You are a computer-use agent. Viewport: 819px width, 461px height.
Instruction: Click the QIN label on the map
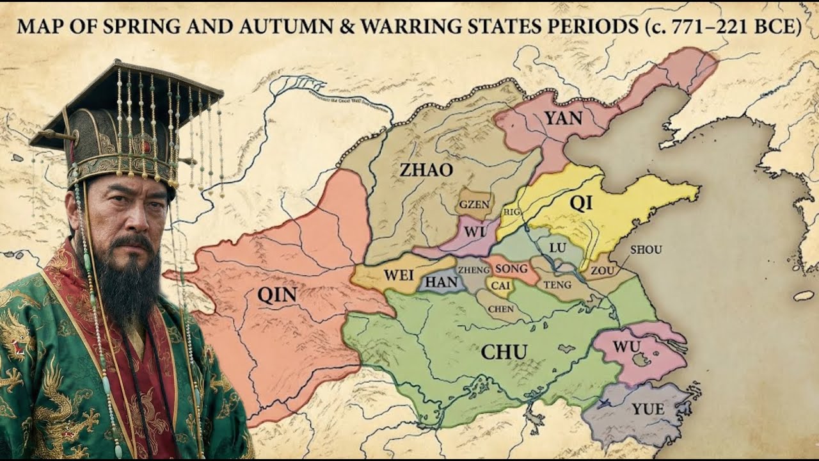(x=277, y=295)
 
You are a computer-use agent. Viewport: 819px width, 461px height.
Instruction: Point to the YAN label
(x=563, y=118)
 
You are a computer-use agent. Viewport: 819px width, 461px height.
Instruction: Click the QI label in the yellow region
(x=580, y=203)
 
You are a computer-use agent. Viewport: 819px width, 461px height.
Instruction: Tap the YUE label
(x=648, y=408)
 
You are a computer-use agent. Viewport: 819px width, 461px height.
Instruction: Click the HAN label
(x=441, y=282)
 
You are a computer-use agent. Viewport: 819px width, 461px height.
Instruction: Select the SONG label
(x=513, y=269)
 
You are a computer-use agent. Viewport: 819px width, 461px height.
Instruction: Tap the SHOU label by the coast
(x=646, y=250)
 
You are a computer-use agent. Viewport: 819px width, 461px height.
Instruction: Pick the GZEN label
(x=474, y=205)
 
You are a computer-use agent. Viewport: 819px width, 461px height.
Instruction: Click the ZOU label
(x=602, y=271)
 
